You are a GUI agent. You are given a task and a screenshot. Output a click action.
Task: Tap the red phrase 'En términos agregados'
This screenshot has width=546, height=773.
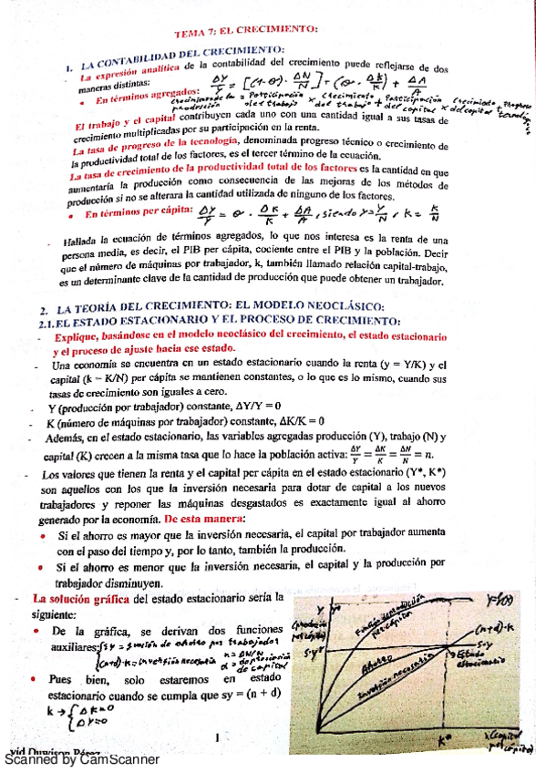[147, 94]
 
